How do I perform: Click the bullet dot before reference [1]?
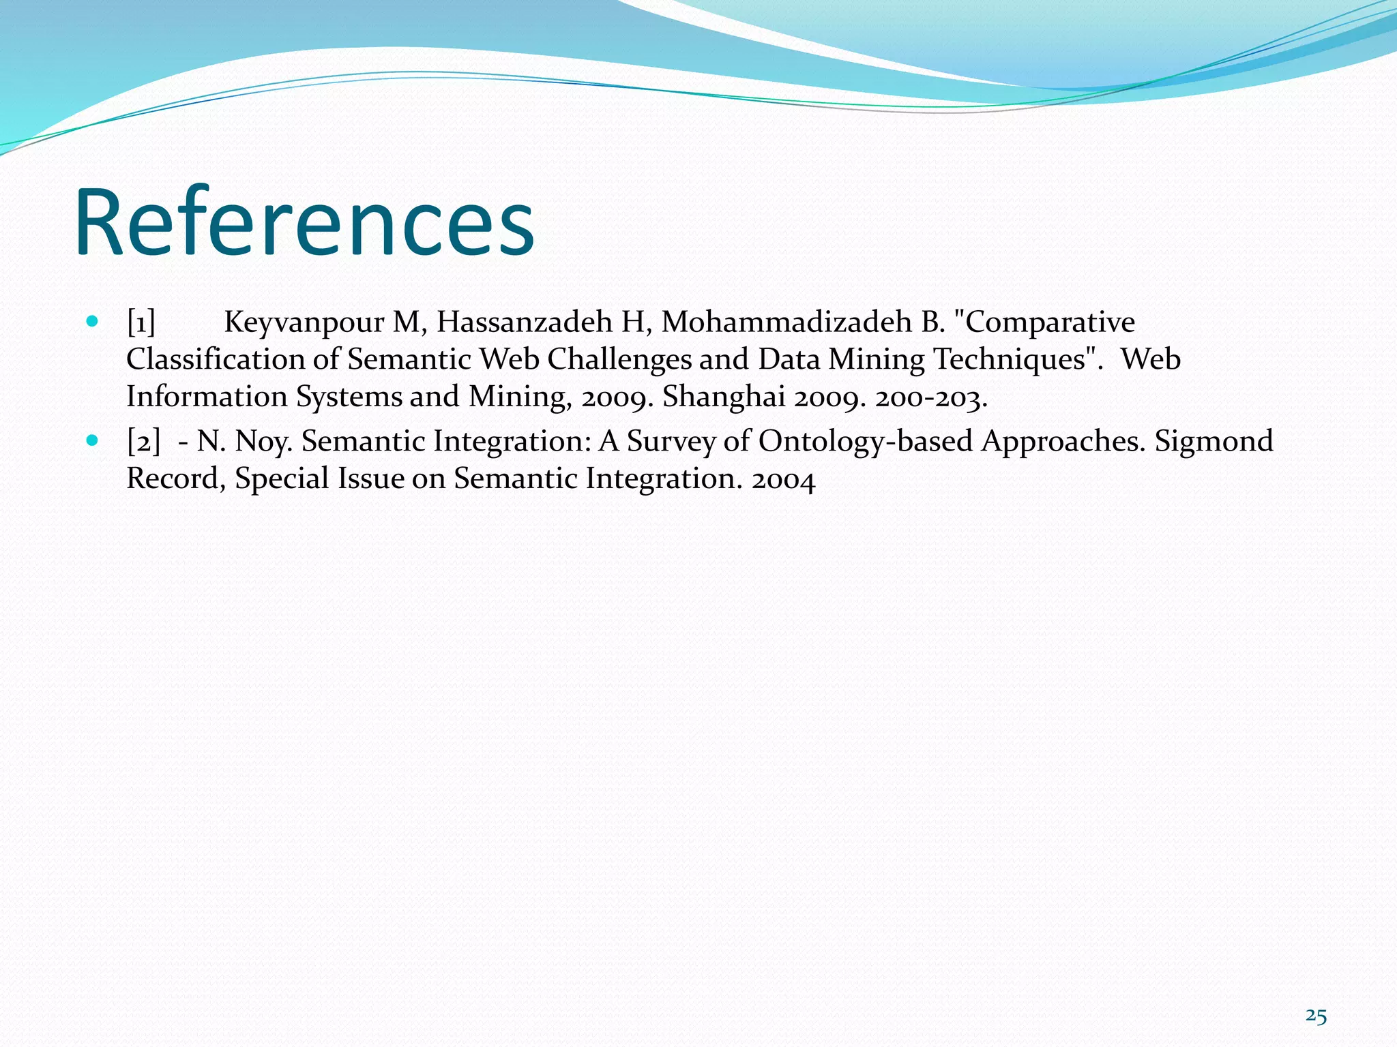[93, 321]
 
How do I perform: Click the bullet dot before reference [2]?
[93, 440]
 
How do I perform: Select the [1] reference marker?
[141, 322]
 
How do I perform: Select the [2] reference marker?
[143, 442]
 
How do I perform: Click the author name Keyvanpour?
[304, 322]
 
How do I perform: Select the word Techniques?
[1009, 359]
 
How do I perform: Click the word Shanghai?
[724, 397]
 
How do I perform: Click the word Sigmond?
[1214, 441]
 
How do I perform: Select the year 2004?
[783, 479]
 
